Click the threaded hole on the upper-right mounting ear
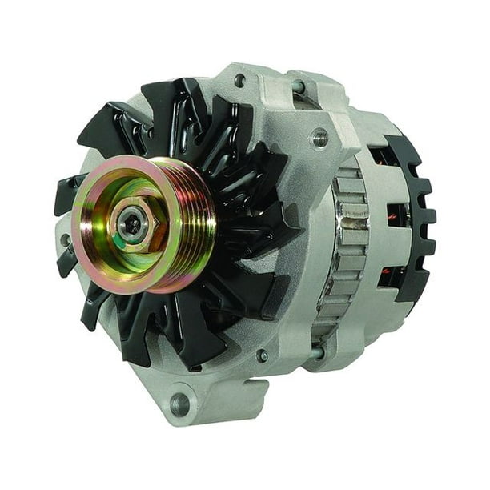click(x=320, y=138)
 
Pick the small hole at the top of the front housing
click(x=239, y=80)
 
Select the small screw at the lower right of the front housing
click(x=263, y=355)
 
